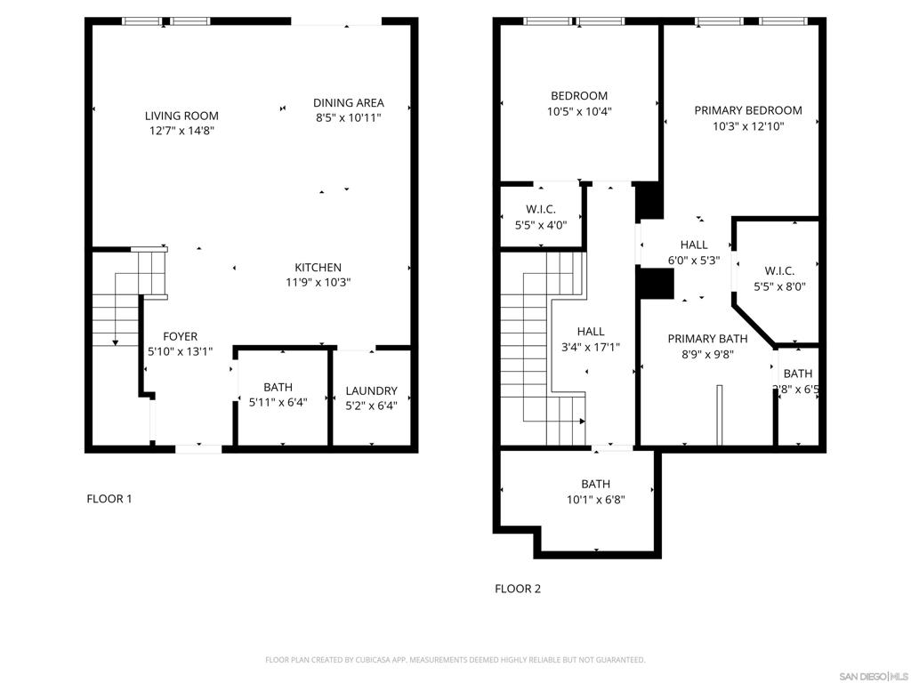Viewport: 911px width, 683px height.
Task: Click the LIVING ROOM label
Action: point(181,116)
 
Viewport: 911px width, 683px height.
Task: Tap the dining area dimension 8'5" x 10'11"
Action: point(348,117)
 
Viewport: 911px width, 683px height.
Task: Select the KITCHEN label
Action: point(318,268)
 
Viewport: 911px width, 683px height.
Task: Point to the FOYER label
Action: point(180,337)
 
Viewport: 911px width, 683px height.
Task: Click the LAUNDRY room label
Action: point(371,390)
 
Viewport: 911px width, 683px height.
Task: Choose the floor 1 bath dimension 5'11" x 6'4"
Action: point(278,403)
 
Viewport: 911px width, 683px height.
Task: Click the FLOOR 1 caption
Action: point(109,499)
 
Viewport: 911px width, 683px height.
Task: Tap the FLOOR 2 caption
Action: point(518,589)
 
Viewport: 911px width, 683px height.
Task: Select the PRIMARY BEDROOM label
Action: point(747,110)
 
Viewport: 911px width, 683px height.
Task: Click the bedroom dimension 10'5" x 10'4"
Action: point(579,112)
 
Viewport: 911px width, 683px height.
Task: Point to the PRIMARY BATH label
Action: point(707,338)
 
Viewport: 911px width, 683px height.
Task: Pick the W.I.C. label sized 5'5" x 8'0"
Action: point(779,271)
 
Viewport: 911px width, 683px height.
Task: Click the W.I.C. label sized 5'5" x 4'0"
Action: point(541,209)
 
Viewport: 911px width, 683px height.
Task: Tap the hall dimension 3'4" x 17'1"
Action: point(591,348)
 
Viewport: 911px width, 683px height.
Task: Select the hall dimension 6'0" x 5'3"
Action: point(694,261)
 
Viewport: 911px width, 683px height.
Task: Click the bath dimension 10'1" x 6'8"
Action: point(595,500)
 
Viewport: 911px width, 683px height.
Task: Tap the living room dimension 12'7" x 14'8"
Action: point(181,131)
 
